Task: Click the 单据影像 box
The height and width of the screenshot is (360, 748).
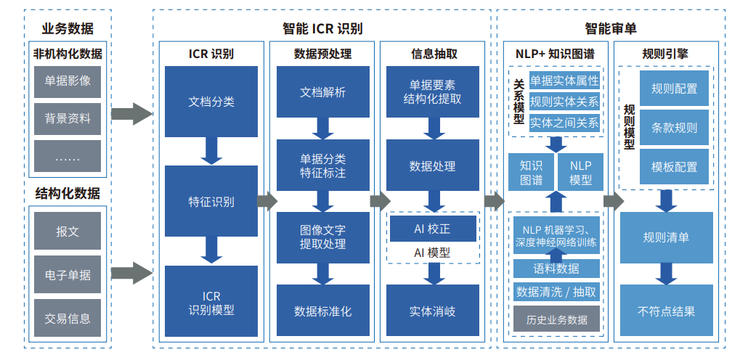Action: [x=68, y=81]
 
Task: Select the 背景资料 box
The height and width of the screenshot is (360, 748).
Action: [x=68, y=118]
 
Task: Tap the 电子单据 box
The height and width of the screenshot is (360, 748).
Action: [x=68, y=275]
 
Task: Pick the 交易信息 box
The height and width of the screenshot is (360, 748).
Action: [x=68, y=317]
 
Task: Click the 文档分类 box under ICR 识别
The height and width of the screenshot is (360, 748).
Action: [x=211, y=102]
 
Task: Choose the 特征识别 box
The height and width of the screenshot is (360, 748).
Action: [x=211, y=202]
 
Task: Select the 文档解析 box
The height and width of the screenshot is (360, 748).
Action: [x=322, y=92]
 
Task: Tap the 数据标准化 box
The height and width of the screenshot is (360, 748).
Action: [x=322, y=311]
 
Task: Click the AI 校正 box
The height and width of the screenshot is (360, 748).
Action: [x=432, y=229]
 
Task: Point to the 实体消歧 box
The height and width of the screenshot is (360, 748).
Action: [x=432, y=311]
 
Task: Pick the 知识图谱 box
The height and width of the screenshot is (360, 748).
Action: [x=531, y=173]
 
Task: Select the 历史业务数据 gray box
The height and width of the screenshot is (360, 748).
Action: [x=557, y=319]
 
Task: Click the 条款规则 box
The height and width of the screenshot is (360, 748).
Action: [x=674, y=128]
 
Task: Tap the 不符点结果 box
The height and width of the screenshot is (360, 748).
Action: [x=666, y=311]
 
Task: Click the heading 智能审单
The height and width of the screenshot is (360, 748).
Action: [x=611, y=29]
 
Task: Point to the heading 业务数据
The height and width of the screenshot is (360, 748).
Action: [x=68, y=29]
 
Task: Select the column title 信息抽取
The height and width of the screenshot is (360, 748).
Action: [x=434, y=54]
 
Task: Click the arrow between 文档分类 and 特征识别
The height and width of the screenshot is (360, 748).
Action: [x=211, y=151]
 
